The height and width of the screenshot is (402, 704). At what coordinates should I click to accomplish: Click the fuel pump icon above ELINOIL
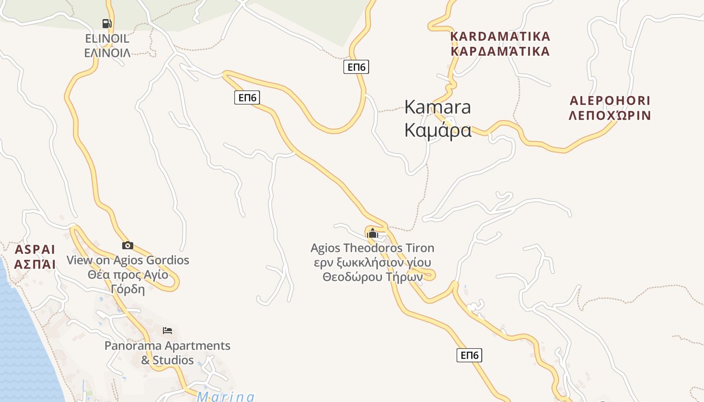[x=107, y=23]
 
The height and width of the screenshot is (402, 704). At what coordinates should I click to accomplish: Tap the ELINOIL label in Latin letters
[x=107, y=39]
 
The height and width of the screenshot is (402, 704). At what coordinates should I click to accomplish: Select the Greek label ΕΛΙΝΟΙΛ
[x=107, y=53]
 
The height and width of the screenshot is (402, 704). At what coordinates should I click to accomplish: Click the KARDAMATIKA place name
[x=500, y=36]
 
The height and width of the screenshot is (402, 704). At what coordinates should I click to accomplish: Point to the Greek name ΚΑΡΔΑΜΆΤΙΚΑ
[x=500, y=51]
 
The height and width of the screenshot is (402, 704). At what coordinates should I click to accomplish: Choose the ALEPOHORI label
[x=609, y=100]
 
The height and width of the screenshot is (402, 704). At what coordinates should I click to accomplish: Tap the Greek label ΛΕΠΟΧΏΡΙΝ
[x=609, y=116]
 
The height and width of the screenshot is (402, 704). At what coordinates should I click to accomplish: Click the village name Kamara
[x=437, y=107]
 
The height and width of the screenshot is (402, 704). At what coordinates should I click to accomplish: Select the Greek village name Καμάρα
[x=437, y=130]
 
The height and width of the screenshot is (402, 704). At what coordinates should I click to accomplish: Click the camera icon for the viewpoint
[x=128, y=245]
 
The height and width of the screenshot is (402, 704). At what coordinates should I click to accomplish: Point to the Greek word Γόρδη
[x=128, y=289]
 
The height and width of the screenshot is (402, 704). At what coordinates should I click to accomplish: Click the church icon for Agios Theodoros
[x=372, y=233]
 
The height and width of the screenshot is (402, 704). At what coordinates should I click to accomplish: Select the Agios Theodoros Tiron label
[x=372, y=248]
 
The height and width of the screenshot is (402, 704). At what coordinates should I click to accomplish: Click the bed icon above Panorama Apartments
[x=167, y=331]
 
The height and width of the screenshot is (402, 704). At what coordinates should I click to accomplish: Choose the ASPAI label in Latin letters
[x=35, y=250]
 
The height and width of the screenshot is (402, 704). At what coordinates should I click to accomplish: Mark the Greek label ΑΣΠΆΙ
[x=35, y=264]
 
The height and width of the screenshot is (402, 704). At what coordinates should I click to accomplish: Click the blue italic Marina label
[x=226, y=397]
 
